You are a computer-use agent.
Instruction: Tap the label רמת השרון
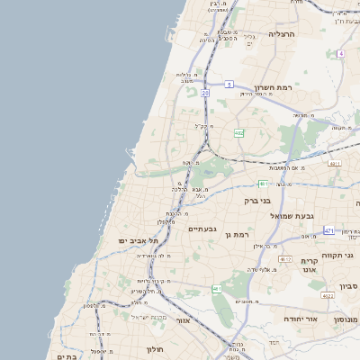click(x=274, y=87)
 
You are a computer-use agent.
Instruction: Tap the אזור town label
click(x=184, y=319)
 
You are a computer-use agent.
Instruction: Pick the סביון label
click(x=348, y=285)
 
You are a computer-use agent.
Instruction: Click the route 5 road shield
click(x=229, y=84)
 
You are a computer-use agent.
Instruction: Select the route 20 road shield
click(x=205, y=92)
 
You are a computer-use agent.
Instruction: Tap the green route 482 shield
click(x=238, y=133)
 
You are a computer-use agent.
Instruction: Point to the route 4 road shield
click(x=341, y=53)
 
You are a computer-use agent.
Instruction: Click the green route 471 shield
click(x=329, y=231)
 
